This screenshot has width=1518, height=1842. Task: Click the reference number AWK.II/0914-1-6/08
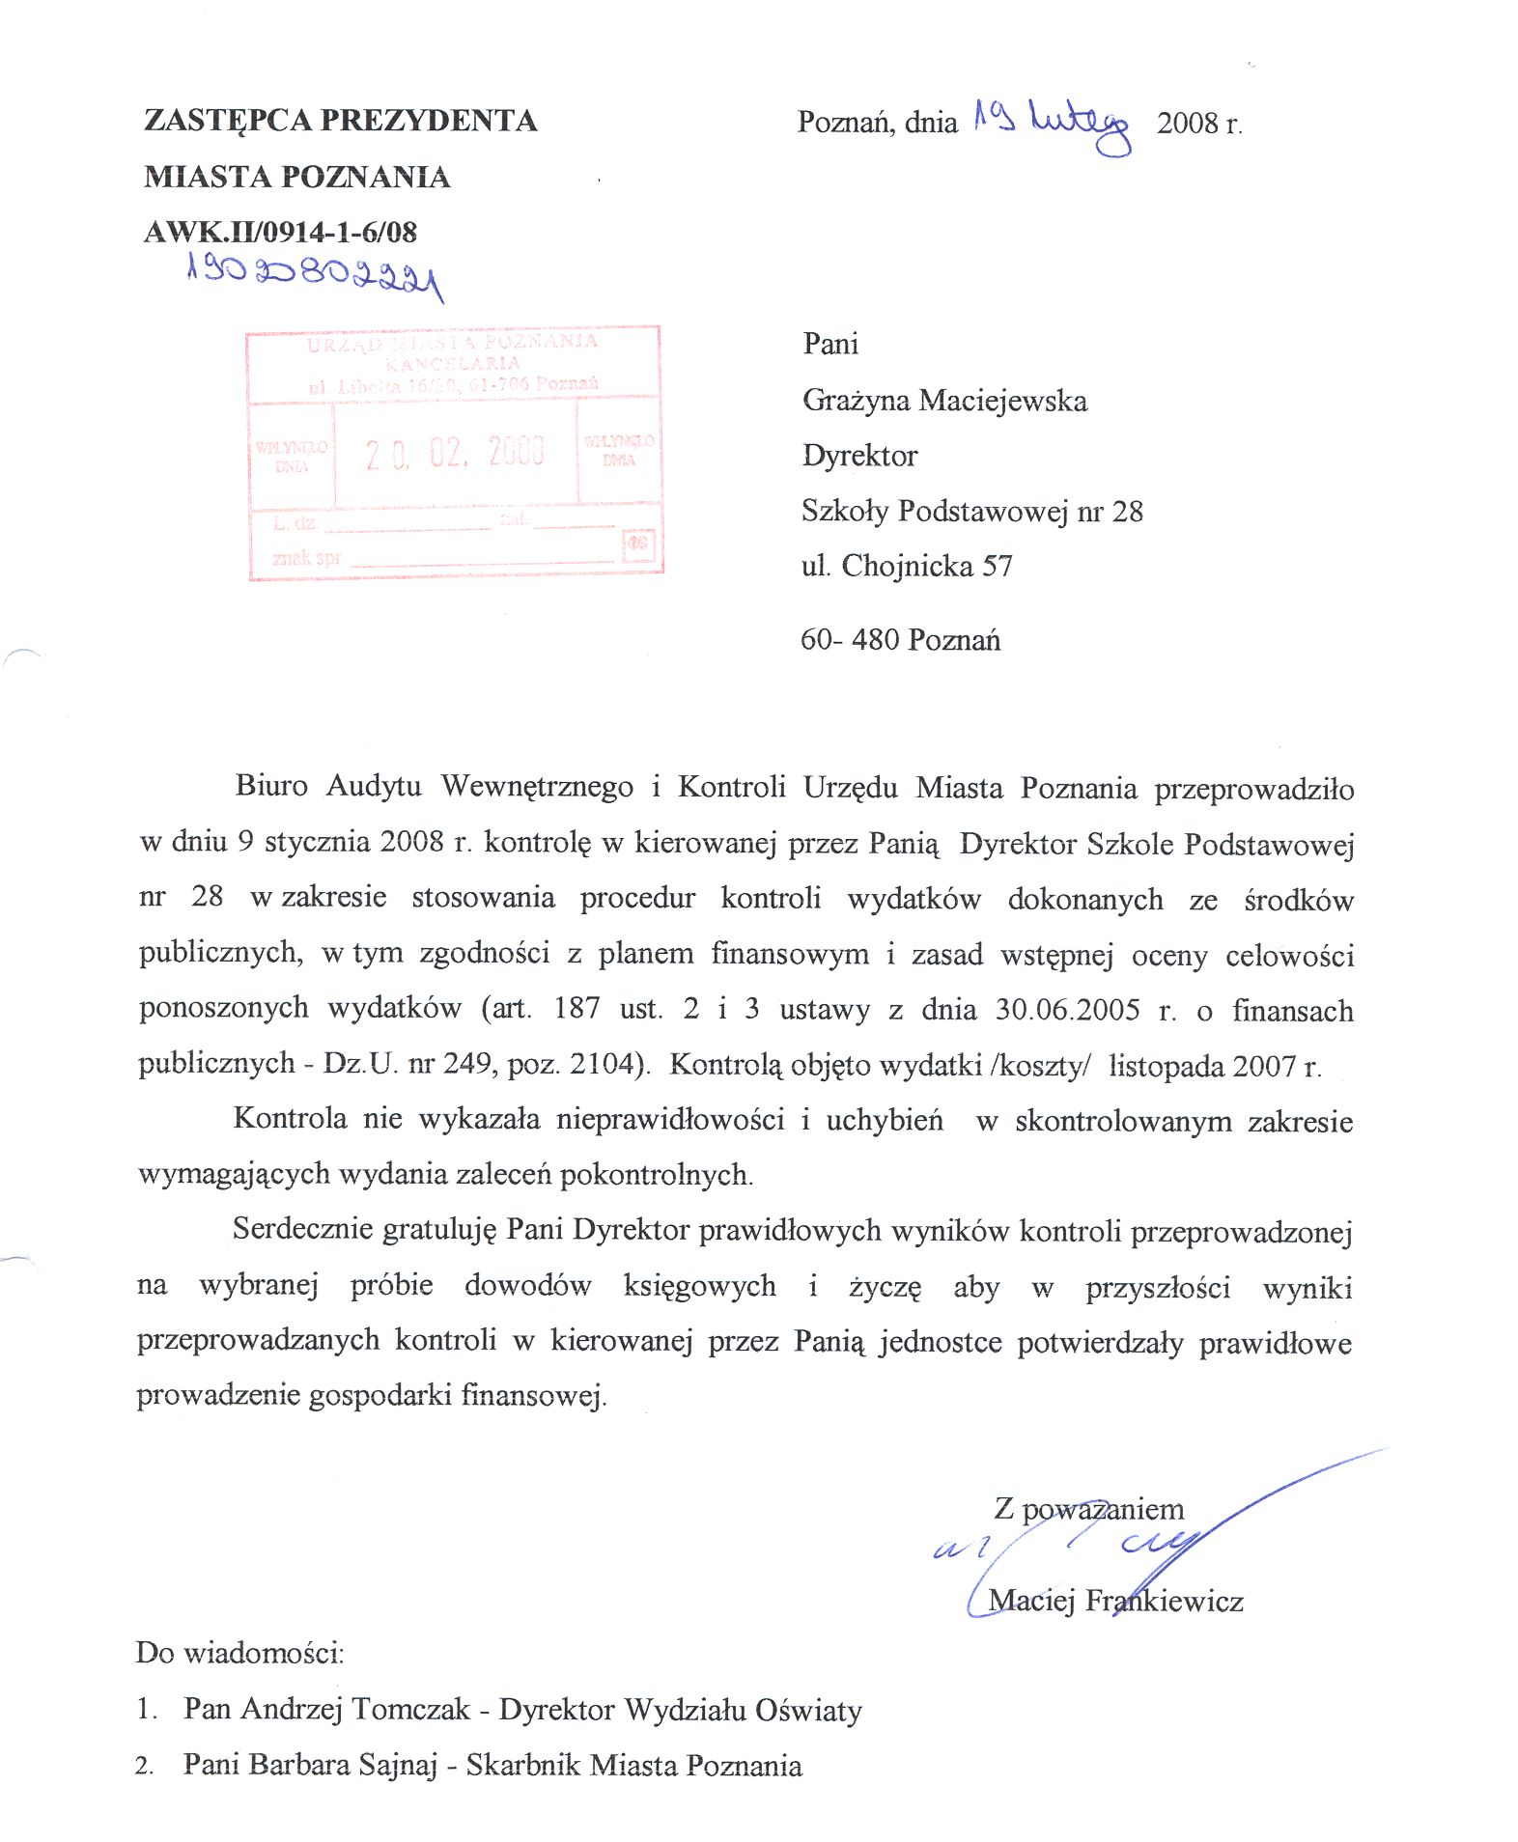click(280, 233)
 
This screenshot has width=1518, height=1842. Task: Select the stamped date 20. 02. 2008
click(455, 452)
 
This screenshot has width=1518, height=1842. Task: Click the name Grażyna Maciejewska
click(943, 401)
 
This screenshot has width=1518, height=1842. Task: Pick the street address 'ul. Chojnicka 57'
click(906, 566)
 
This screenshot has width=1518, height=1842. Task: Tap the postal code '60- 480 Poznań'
click(899, 640)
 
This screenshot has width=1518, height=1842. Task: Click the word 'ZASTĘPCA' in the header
click(227, 121)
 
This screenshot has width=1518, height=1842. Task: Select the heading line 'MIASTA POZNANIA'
click(296, 178)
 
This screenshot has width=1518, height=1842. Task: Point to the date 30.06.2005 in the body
click(1067, 1010)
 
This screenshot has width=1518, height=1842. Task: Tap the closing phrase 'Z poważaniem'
click(1088, 1508)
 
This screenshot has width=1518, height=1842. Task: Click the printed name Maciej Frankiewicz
click(1115, 1601)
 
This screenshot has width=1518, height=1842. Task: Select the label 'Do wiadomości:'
click(239, 1653)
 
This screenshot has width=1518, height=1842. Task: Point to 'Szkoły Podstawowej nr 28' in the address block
click(971, 511)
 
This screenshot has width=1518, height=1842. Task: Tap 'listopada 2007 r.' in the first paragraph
click(1214, 1066)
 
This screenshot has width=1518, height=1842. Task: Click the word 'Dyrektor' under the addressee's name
click(858, 456)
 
